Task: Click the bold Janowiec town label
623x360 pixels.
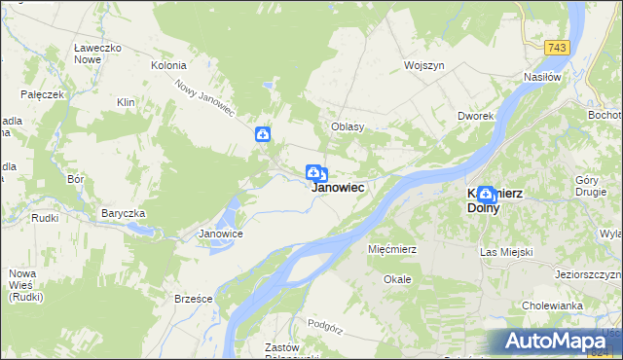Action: click(x=339, y=188)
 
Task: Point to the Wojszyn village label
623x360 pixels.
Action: click(x=425, y=66)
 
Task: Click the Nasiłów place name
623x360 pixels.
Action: click(x=542, y=77)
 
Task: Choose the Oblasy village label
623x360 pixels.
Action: click(x=348, y=126)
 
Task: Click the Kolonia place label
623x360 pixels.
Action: click(x=167, y=66)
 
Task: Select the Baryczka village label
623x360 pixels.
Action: click(x=124, y=213)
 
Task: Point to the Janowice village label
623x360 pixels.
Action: click(x=220, y=234)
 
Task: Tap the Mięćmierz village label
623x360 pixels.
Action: click(x=392, y=249)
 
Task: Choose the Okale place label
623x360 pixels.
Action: click(x=397, y=279)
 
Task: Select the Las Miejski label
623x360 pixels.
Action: click(x=507, y=252)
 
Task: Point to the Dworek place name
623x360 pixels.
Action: click(x=476, y=116)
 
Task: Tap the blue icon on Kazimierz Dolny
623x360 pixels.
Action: click(x=485, y=195)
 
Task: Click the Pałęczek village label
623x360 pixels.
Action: click(x=43, y=94)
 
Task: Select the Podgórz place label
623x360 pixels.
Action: click(x=325, y=322)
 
